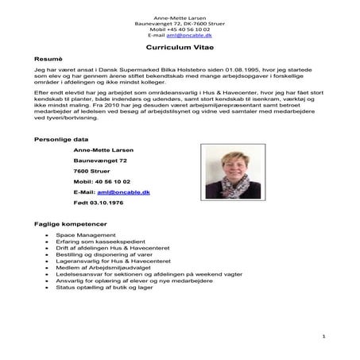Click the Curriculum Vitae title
coord(180,48)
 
